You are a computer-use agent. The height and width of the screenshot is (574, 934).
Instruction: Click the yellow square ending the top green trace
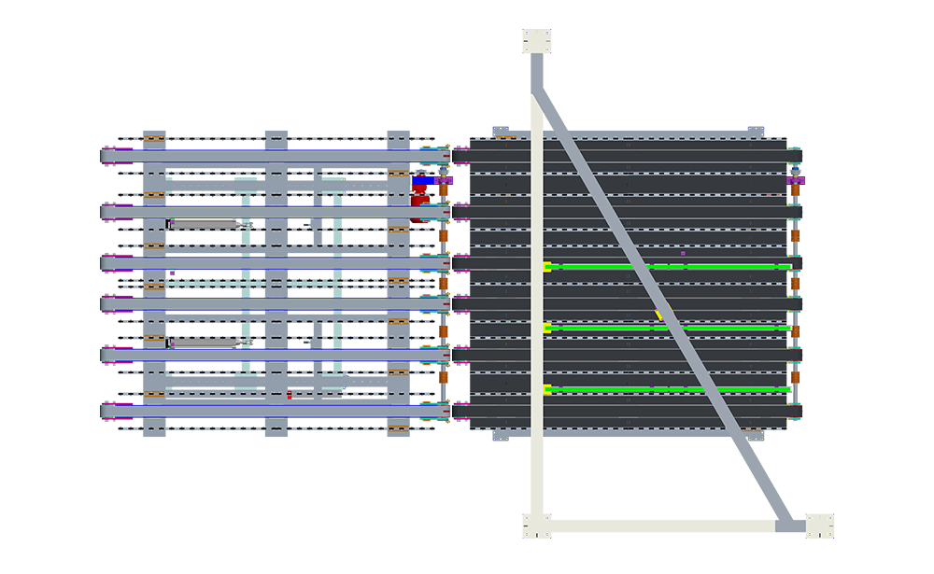pyautogui.click(x=547, y=267)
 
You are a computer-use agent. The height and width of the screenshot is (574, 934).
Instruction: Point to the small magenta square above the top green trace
pyautogui.click(x=683, y=253)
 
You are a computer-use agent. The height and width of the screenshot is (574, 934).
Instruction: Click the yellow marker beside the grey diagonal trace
pyautogui.click(x=659, y=315)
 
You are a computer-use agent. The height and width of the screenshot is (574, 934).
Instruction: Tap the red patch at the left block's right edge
pyautogui.click(x=420, y=195)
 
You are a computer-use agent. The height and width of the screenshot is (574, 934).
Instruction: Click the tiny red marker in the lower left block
pyautogui.click(x=290, y=395)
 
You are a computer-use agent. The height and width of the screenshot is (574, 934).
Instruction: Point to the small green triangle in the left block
pyautogui.click(x=175, y=273)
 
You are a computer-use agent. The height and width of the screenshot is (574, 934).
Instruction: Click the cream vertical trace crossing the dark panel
pyautogui.click(x=538, y=280)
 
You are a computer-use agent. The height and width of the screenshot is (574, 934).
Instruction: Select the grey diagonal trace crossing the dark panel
pyautogui.click(x=644, y=280)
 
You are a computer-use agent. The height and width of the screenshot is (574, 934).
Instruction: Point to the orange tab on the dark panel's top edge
pyautogui.click(x=505, y=138)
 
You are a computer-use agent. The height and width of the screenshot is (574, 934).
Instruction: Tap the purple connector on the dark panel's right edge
pyautogui.click(x=795, y=179)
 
